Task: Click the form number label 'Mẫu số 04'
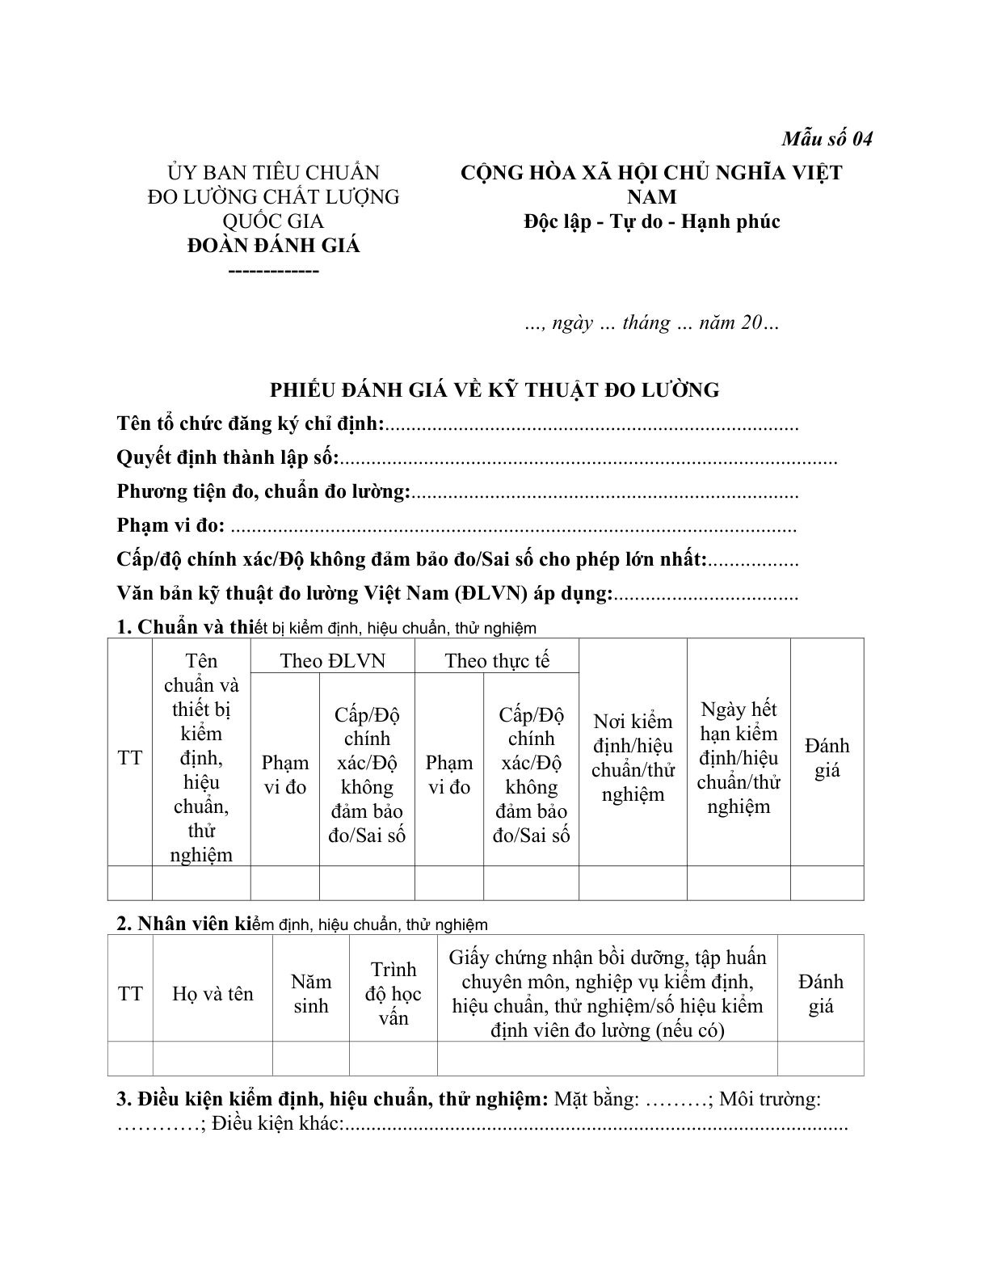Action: pyautogui.click(x=827, y=139)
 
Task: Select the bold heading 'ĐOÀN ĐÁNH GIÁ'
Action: pyautogui.click(x=274, y=246)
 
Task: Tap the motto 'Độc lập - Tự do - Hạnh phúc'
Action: pyautogui.click(x=651, y=221)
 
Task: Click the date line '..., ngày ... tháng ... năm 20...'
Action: pyautogui.click(x=651, y=323)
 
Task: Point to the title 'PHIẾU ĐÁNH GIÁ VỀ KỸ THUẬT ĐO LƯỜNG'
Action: pyautogui.click(x=494, y=390)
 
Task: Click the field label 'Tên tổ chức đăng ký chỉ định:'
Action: pyautogui.click(x=250, y=424)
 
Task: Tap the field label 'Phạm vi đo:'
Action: pyautogui.click(x=171, y=526)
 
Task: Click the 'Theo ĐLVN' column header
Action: pyautogui.click(x=333, y=661)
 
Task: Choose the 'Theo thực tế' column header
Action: pyautogui.click(x=497, y=661)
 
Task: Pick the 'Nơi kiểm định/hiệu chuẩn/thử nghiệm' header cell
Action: pyautogui.click(x=633, y=757)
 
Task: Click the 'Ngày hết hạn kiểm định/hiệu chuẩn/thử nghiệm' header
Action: pyautogui.click(x=739, y=757)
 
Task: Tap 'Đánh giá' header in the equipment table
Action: pyautogui.click(x=827, y=757)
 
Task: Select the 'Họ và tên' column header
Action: pyautogui.click(x=213, y=994)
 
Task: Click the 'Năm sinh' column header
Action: pyautogui.click(x=311, y=994)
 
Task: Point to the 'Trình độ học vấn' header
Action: pyautogui.click(x=393, y=994)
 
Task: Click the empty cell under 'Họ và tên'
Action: pyautogui.click(x=213, y=1059)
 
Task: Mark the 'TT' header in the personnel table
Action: pyautogui.click(x=130, y=994)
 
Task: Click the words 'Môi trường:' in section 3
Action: pyautogui.click(x=769, y=1100)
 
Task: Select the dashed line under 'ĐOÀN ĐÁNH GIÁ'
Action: pyautogui.click(x=274, y=271)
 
